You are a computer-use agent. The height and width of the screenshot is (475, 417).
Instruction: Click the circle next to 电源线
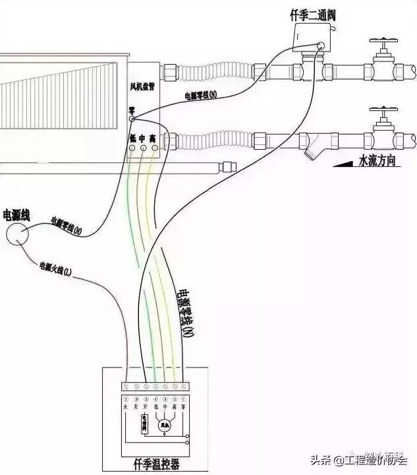(x=18, y=234)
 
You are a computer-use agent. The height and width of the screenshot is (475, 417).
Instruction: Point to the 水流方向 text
(x=377, y=160)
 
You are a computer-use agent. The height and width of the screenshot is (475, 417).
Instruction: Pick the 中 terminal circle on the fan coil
(x=142, y=148)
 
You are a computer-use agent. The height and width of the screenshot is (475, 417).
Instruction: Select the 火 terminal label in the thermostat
(x=126, y=408)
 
